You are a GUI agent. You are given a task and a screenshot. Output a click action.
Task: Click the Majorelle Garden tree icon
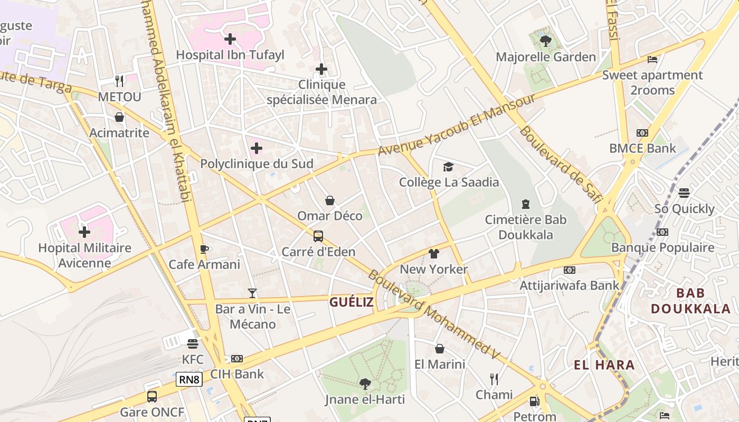pos(546,41)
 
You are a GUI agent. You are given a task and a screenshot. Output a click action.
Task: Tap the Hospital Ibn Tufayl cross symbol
pos(230,39)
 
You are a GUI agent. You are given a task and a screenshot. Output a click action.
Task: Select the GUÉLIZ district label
pos(352,302)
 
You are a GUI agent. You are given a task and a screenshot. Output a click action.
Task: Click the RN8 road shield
pos(189,379)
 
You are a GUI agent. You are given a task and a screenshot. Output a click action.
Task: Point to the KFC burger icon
pos(193,344)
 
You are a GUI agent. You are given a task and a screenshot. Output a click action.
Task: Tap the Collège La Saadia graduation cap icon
pos(448,167)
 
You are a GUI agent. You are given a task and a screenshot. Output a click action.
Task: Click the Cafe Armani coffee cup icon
pos(204,249)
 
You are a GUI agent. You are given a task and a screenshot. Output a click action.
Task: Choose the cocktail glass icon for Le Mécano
pos(252,293)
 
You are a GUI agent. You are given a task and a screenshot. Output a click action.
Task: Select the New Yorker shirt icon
pos(434,254)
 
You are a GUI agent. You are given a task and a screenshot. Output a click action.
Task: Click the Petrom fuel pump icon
pos(534,401)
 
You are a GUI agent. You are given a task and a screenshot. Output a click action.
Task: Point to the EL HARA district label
pos(604,365)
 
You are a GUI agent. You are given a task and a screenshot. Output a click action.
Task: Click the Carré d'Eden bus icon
pos(318,236)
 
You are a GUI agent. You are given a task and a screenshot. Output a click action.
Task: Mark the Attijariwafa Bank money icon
pos(569,270)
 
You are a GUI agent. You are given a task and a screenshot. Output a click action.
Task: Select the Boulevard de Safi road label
pos(560,164)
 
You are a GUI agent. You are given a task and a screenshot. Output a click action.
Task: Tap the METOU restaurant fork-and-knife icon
pos(119,81)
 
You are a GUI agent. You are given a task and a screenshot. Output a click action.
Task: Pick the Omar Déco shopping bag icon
pos(330,200)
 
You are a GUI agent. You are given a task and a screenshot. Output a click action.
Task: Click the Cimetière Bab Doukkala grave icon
pos(525,204)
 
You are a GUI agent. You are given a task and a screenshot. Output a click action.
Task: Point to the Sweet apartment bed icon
pos(652,59)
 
